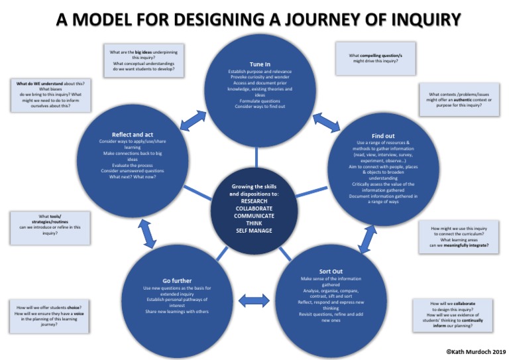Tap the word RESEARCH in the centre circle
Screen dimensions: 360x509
tap(254, 200)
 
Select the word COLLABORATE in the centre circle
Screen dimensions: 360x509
tap(254, 208)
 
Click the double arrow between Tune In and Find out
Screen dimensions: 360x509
tap(326, 121)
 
